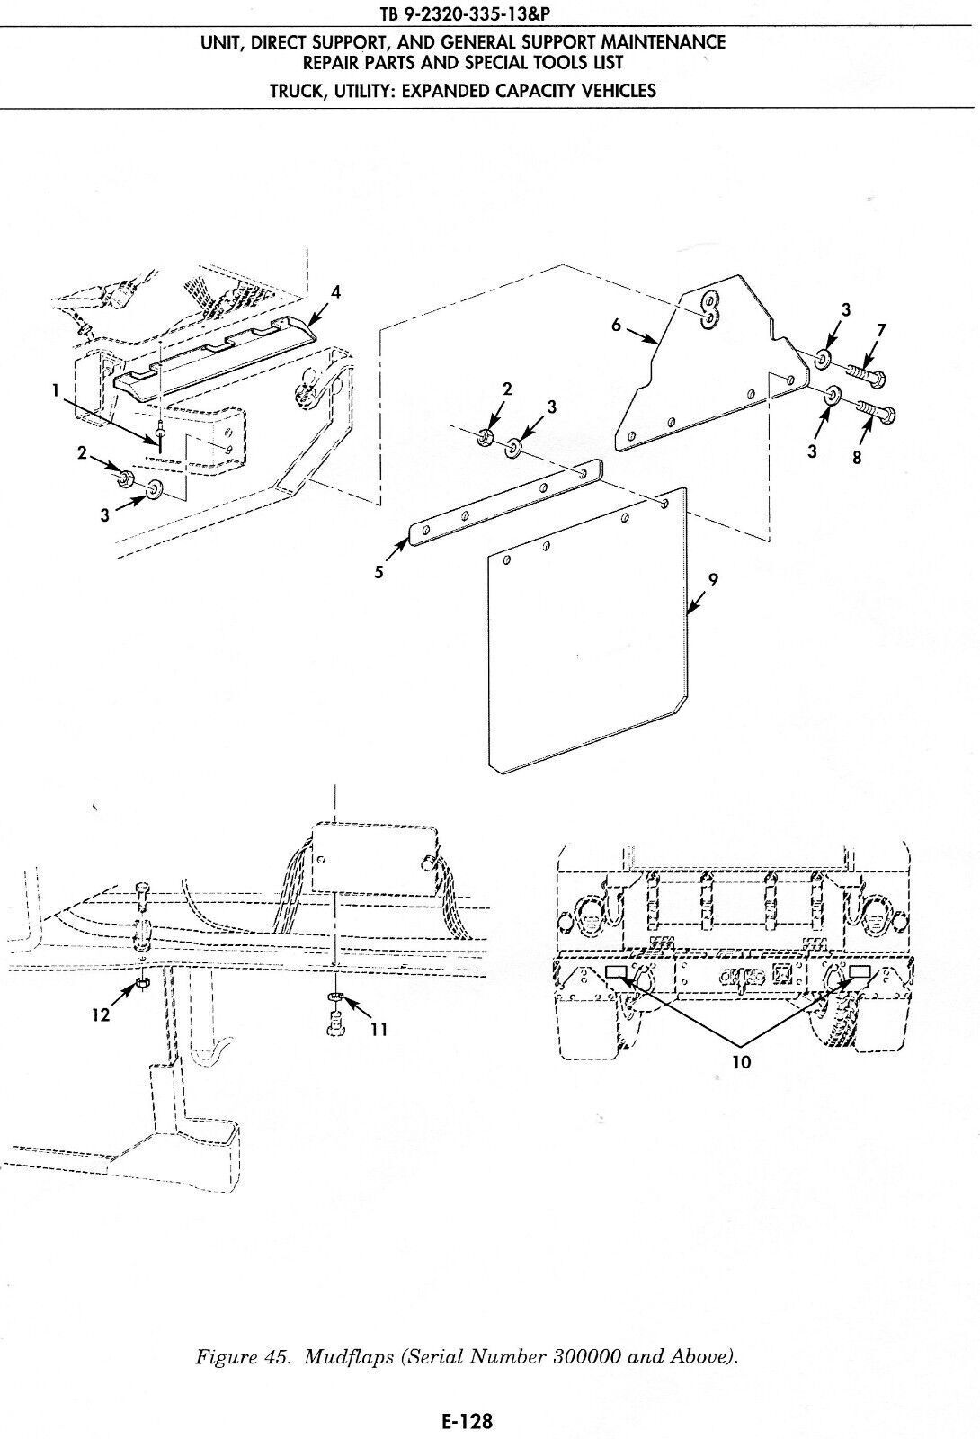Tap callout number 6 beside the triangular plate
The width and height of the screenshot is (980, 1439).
[x=617, y=326]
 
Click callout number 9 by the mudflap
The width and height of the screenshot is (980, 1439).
[x=712, y=580]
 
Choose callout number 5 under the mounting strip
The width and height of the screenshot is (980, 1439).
[x=379, y=571]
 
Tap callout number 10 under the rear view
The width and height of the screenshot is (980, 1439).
[x=742, y=1061]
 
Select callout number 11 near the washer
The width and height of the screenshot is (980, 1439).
[x=379, y=1029]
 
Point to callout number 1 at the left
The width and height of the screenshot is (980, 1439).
[x=55, y=389]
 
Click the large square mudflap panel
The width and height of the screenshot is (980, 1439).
[x=584, y=657]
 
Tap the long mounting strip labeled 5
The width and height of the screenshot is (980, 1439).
[x=503, y=504]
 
